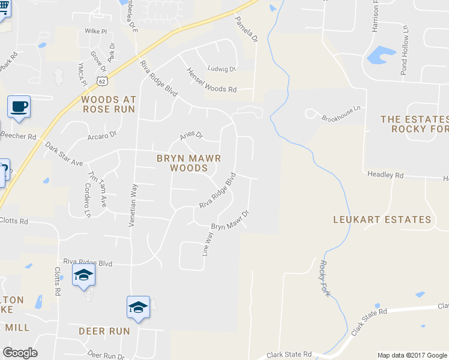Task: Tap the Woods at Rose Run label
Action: pos(109,104)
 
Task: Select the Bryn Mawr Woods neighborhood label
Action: pos(188,163)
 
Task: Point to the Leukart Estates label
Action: pos(382,220)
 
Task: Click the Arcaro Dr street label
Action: pos(101,136)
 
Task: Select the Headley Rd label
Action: pos(385,175)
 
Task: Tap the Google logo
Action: pos(20,353)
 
